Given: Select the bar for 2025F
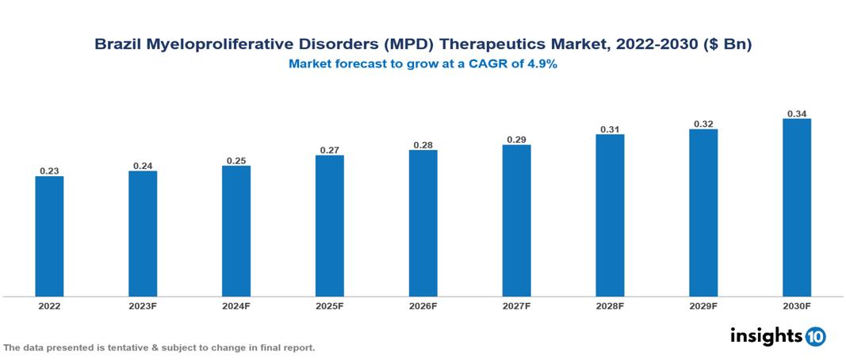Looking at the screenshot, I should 329,226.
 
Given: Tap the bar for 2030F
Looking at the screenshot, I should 797,208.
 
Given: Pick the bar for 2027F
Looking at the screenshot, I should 516,220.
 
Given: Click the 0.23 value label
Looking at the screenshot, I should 49,170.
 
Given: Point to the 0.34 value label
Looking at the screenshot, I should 797,113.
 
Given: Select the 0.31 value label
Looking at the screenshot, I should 610,128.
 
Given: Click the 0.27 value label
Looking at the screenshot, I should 329,150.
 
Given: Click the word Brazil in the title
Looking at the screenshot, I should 117,46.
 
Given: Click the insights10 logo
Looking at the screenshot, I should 778,336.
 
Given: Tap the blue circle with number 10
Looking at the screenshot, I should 815,337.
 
